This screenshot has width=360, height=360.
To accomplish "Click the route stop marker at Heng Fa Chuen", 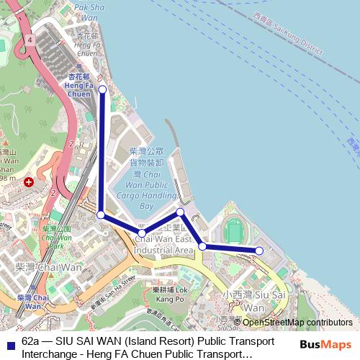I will coord(103,89).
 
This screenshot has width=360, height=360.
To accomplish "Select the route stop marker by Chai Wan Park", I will coord(102,215).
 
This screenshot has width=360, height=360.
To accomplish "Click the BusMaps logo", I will coord(325,345).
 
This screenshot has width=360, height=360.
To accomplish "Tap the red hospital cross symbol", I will coord(28,183).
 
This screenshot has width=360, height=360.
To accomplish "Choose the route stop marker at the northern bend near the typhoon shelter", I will coord(181,212).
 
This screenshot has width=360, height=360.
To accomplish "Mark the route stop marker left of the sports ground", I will coord(203,246).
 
